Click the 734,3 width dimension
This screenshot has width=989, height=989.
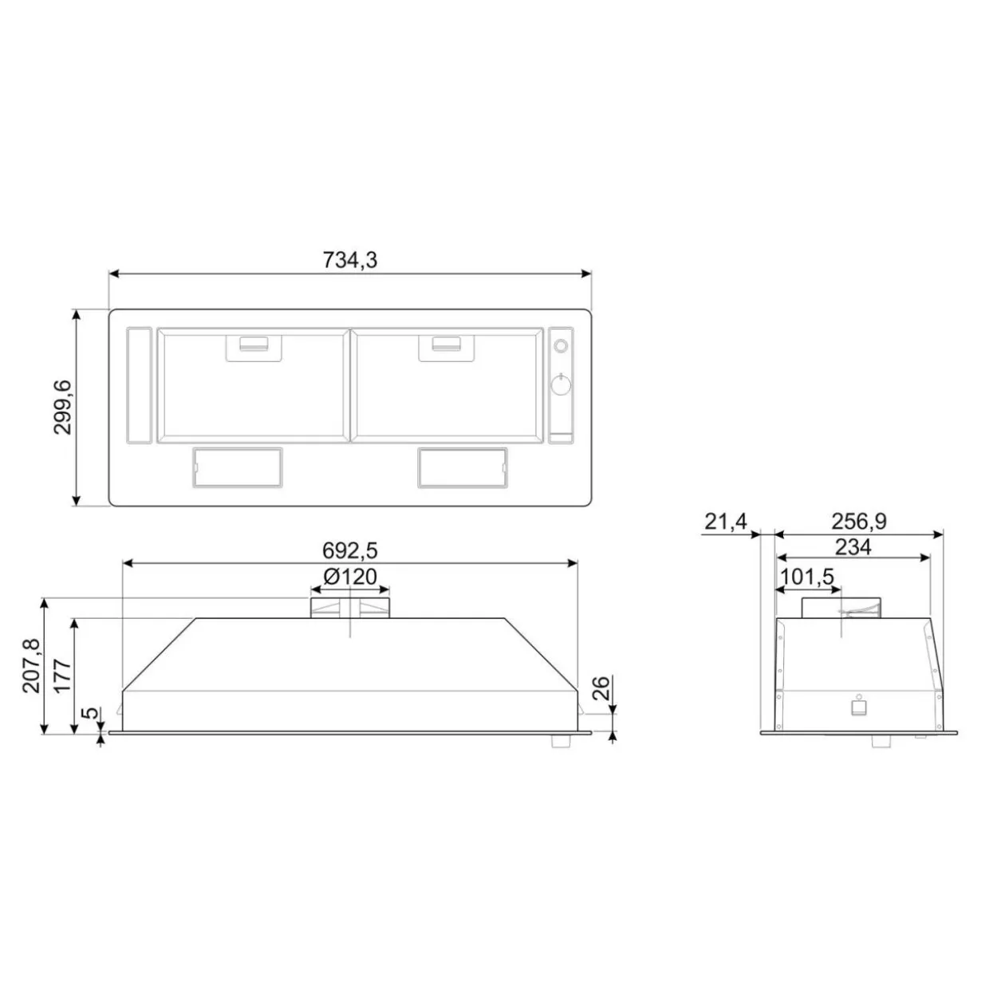349,260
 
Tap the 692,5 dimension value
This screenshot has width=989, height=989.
349,550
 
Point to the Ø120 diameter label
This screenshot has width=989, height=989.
350,577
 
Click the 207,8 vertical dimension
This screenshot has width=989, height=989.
33,666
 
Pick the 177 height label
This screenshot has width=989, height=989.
63,676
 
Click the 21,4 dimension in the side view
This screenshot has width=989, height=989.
725,522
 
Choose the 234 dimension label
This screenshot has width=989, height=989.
853,547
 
